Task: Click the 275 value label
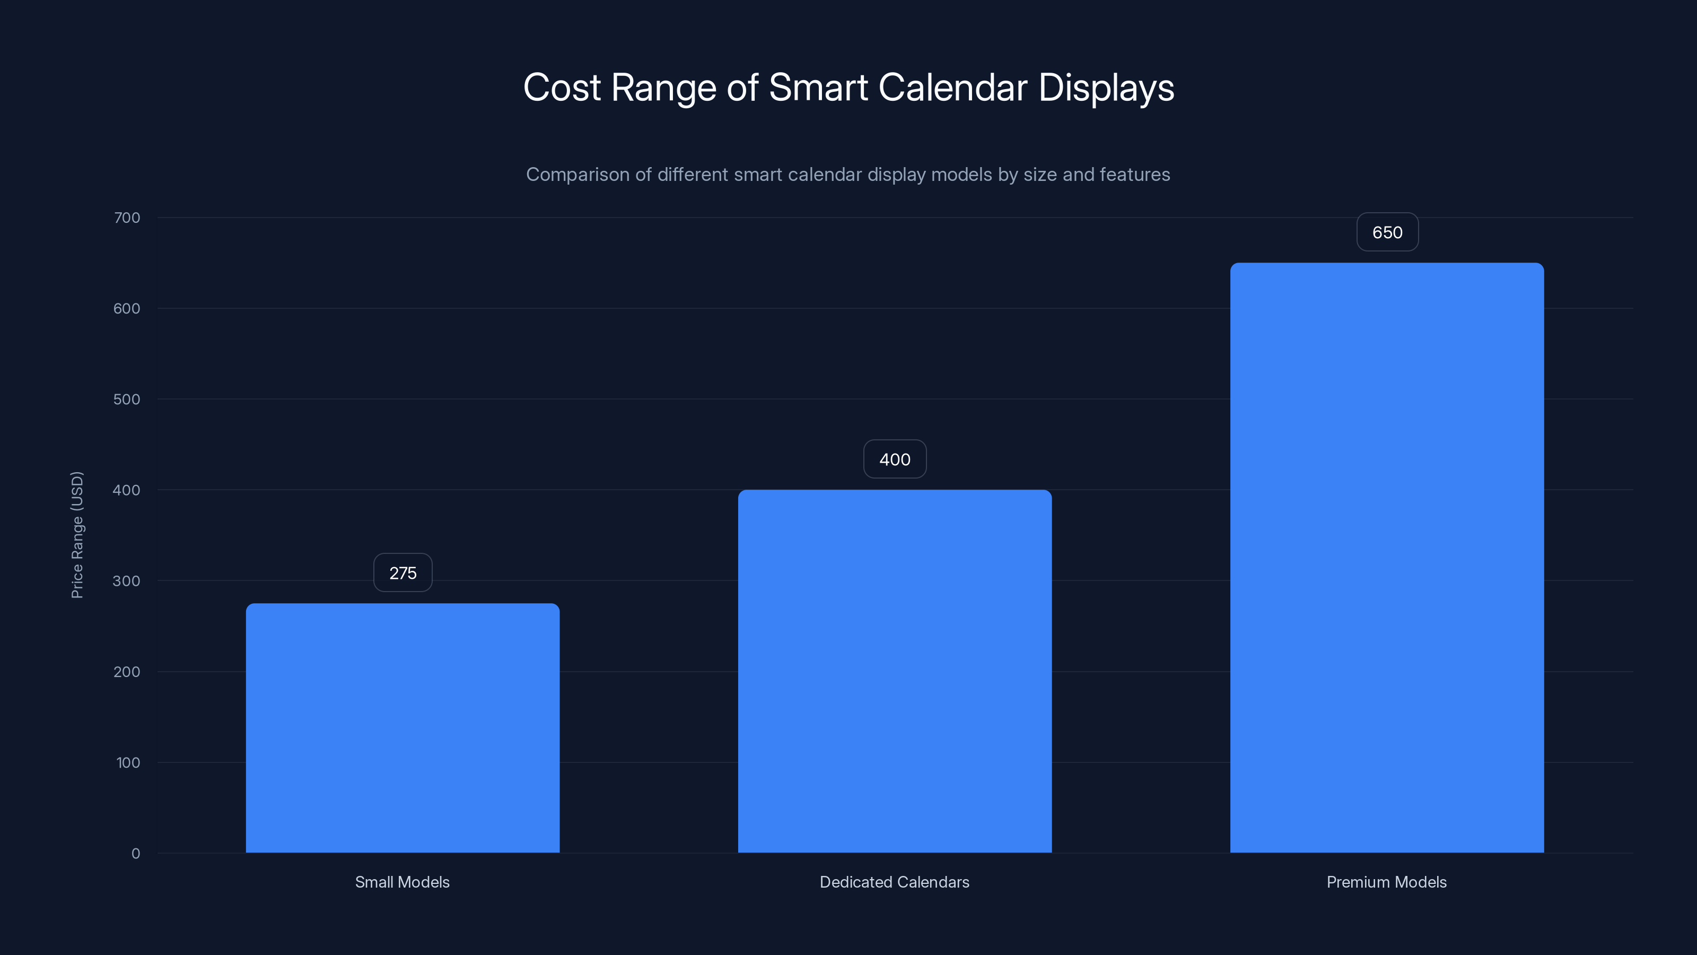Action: pos(403,573)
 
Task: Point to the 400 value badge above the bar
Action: pos(895,459)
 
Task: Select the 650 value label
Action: pos(1387,233)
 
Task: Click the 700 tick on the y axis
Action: pos(127,218)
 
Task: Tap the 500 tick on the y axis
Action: pos(127,400)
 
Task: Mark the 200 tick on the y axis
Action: pos(127,672)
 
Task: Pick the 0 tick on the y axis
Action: pos(136,854)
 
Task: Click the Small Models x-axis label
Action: pos(402,882)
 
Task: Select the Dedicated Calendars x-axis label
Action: pos(894,882)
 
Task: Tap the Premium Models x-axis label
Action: pos(1386,882)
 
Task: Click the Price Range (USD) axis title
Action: pos(77,534)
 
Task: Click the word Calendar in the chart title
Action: pos(952,88)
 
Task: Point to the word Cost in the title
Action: pos(561,88)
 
